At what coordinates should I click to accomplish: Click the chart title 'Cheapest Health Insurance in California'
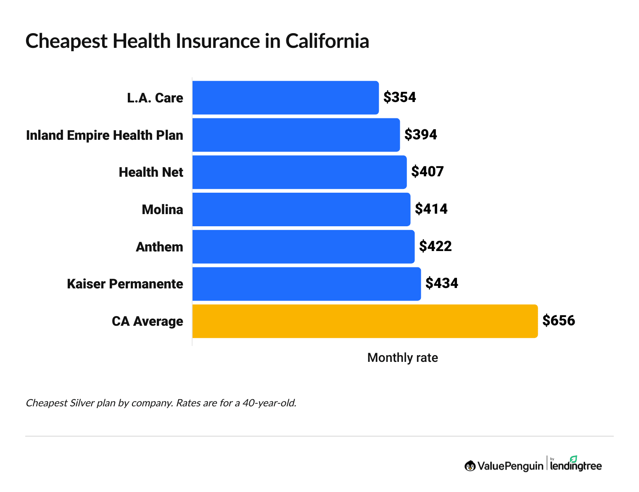(197, 41)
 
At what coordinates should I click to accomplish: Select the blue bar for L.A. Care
(285, 97)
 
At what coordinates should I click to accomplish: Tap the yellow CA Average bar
(365, 321)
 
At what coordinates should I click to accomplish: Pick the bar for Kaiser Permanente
(306, 284)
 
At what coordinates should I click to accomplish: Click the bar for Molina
(301, 209)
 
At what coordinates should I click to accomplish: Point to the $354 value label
(399, 97)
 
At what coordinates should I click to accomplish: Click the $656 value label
(558, 321)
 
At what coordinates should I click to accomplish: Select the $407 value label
(427, 172)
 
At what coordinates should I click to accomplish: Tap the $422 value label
(435, 246)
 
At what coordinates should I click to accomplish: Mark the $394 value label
(420, 135)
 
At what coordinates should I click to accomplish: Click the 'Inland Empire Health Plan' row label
(105, 135)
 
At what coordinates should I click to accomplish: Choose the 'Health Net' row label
(151, 172)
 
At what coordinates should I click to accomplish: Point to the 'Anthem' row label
(159, 247)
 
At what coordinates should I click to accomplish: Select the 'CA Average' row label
(147, 321)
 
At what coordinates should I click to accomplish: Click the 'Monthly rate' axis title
(402, 358)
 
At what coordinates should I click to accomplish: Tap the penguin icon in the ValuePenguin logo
(470, 466)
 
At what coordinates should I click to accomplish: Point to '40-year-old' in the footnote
(269, 403)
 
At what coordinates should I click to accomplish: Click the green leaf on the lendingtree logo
(573, 459)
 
